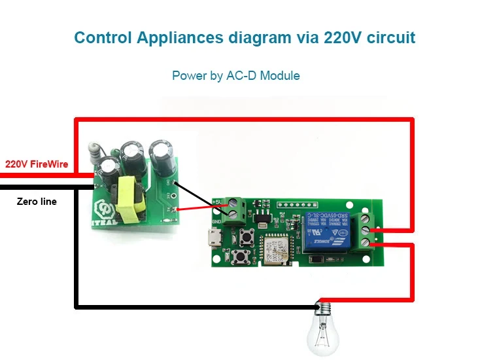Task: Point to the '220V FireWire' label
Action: point(37,164)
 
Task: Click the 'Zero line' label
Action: point(37,202)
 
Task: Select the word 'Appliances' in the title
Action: point(172,37)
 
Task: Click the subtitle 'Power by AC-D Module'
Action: point(235,76)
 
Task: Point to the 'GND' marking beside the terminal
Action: point(216,221)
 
